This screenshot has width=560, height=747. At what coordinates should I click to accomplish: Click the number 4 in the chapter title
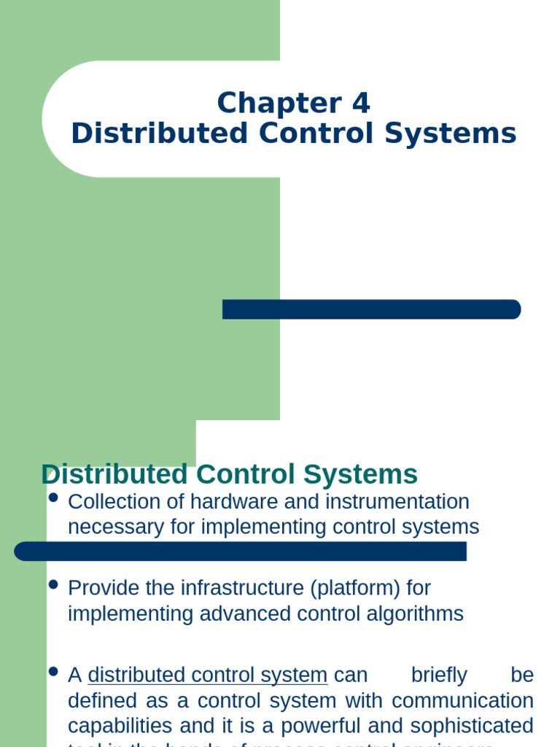click(x=361, y=103)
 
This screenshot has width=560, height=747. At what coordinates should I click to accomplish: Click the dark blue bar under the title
click(x=371, y=309)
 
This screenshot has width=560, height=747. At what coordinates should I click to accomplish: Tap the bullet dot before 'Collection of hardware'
click(x=52, y=498)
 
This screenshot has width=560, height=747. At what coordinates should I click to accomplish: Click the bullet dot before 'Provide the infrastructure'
click(x=52, y=584)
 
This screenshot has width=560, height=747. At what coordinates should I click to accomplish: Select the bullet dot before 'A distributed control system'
click(x=52, y=671)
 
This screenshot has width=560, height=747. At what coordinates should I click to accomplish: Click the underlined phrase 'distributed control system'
click(x=207, y=676)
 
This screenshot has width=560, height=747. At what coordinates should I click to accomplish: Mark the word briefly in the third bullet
click(x=439, y=676)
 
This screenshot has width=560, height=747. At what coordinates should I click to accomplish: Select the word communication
click(x=462, y=701)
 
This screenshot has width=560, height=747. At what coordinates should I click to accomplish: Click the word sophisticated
click(x=470, y=727)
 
